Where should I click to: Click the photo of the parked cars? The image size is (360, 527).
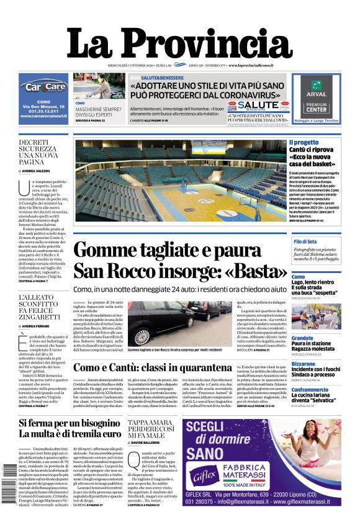[180, 323]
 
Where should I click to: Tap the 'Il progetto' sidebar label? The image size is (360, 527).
[304, 143]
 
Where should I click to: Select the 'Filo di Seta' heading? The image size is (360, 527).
[305, 241]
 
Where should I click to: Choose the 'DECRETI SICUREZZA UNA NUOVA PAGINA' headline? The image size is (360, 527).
[37, 151]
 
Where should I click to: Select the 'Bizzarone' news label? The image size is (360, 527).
[304, 364]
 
